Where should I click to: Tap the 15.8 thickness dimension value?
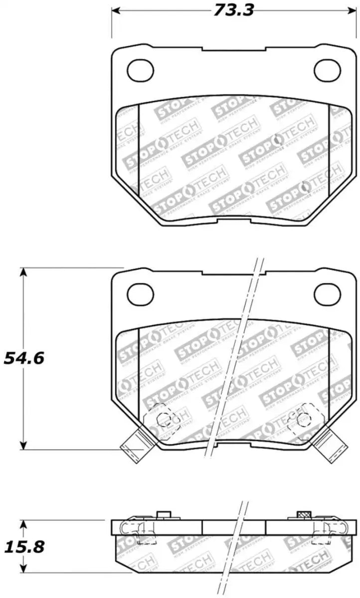[x=23, y=547]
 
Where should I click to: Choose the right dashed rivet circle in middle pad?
[x=302, y=420]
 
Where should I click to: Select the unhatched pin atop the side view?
[x=162, y=515]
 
